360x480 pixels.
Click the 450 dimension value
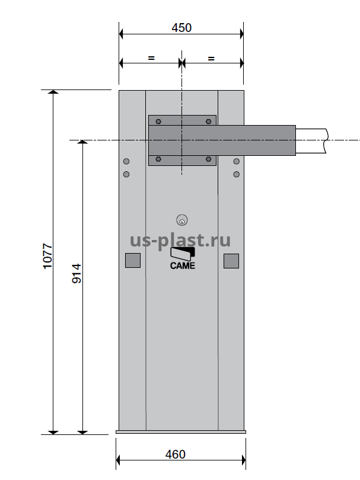(181, 28)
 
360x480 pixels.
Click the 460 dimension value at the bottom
(176, 455)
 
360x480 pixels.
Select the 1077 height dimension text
(48, 256)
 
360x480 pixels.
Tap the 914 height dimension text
(77, 273)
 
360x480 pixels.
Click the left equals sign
(151, 57)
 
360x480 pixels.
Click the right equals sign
(211, 58)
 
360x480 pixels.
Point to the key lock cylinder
(182, 220)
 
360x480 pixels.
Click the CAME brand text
(183, 265)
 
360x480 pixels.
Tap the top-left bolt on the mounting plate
(158, 121)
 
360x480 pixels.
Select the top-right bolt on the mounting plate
(209, 121)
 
